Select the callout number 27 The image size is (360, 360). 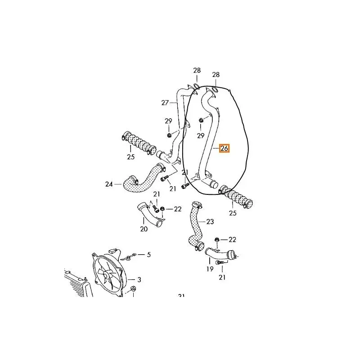tap(165, 103)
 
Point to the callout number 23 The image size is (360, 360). tap(210, 221)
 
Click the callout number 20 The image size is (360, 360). tap(144, 229)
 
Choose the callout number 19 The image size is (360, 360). tap(210, 269)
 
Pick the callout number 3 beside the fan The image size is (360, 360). tap(139, 279)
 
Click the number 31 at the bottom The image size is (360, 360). tap(182, 296)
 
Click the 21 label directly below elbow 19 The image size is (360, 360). tap(222, 278)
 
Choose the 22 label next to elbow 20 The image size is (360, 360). tap(178, 209)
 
